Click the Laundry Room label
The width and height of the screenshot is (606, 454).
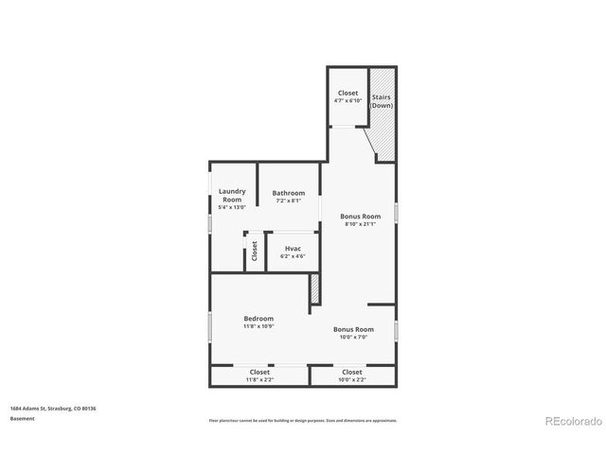coord(232,195)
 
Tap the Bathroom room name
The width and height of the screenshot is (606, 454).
coord(289,193)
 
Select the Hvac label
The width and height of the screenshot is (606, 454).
coord(294,248)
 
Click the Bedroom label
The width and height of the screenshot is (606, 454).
coord(258,319)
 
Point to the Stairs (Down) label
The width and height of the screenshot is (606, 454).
coord(382,100)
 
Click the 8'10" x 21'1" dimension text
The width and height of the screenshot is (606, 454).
coord(360,224)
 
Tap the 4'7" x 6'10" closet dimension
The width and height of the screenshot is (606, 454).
coord(347,101)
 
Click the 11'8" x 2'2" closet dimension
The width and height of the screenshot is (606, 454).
coord(259,380)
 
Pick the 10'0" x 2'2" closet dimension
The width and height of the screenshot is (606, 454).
coord(351,380)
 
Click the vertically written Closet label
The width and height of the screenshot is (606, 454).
coord(254,252)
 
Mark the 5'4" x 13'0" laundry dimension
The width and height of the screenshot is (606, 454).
coord(232,207)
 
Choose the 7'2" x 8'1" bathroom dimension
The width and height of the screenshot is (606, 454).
coord(289,201)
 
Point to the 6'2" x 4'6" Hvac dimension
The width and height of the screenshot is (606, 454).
coord(294,256)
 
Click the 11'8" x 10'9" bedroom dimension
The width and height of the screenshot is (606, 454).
coord(258,326)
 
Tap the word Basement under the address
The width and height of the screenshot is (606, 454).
coord(24,417)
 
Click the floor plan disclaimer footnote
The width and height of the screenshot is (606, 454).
coord(303,421)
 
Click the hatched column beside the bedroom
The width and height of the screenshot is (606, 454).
coord(314,289)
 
